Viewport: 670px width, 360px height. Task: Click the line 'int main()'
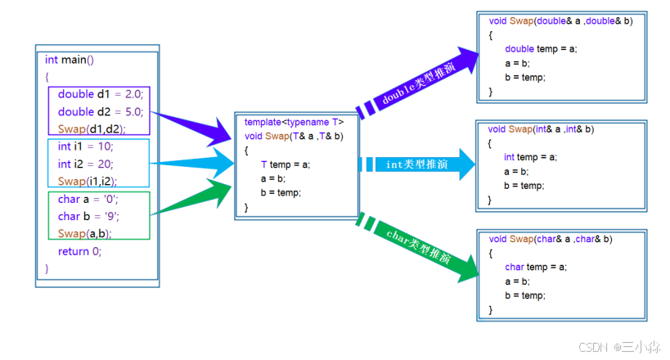[x=70, y=60]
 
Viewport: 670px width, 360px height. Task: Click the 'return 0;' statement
[x=79, y=251]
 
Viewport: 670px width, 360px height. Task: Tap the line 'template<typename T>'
[x=294, y=122]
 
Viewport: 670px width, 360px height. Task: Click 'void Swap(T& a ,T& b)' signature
[x=294, y=136]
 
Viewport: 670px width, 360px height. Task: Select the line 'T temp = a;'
[x=286, y=164]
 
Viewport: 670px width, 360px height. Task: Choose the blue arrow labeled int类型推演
[x=417, y=164]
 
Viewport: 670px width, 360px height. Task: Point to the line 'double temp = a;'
[x=541, y=49]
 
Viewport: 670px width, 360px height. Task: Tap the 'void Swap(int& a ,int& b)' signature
[x=541, y=128]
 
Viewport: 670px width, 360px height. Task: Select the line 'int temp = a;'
[x=530, y=157]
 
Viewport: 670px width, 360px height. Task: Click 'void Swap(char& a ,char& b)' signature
[x=551, y=239]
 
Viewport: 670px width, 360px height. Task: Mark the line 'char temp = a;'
[x=536, y=267]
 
